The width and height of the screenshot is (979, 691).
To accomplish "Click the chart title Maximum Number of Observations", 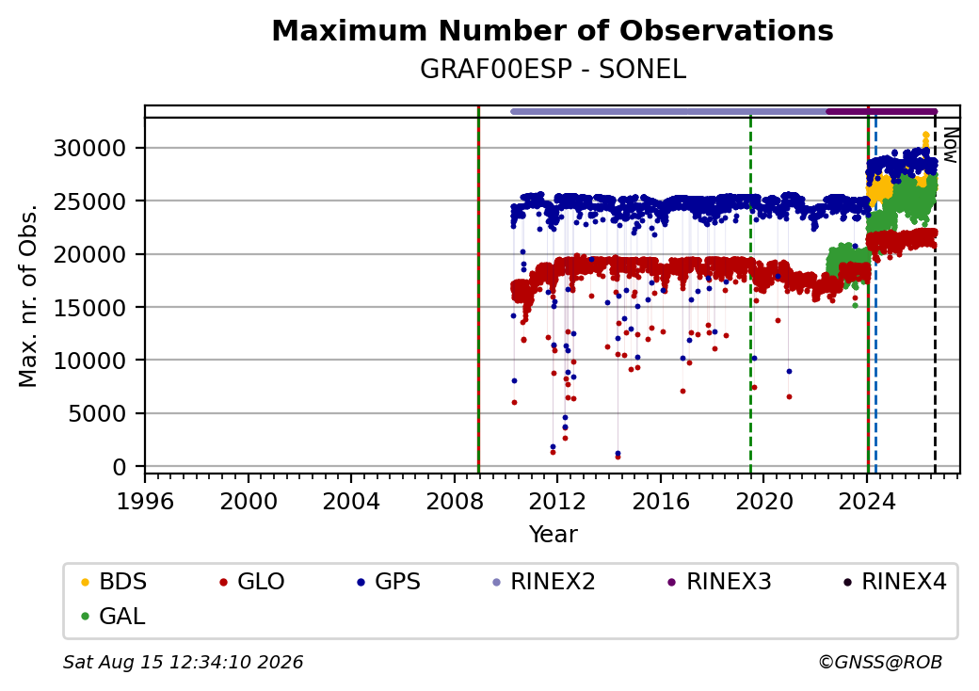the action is coord(553,30).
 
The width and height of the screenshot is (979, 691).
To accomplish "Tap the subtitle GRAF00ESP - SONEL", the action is coord(553,70).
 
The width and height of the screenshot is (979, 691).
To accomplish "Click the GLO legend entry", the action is coord(252,582).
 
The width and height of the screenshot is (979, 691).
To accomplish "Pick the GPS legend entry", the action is coord(389,582).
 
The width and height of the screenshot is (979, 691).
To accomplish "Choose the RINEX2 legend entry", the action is coord(544,582).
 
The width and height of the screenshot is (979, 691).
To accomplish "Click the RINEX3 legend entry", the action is coord(720,582).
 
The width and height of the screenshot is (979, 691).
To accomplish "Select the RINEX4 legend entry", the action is coord(894,582).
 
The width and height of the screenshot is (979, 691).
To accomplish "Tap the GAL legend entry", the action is coord(113,616).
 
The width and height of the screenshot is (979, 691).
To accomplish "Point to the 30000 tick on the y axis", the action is coord(90,149).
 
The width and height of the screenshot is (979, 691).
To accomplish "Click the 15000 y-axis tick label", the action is coord(90,308).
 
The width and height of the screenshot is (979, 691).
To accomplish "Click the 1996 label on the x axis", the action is coord(145,501).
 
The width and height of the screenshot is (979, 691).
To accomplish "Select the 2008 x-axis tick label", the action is coord(455,501).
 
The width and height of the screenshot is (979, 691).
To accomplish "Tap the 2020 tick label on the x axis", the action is coord(763,501).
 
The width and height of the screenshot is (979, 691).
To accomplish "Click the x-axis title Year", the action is coord(553,535).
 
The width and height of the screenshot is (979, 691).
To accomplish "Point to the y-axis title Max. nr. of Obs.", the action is coord(27,296).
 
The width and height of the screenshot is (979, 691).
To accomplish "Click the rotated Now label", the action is coord(950,145).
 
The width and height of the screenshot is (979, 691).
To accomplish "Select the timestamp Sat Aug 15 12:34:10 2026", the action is coord(183,662).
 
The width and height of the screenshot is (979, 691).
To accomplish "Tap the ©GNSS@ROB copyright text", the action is coord(880,662).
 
